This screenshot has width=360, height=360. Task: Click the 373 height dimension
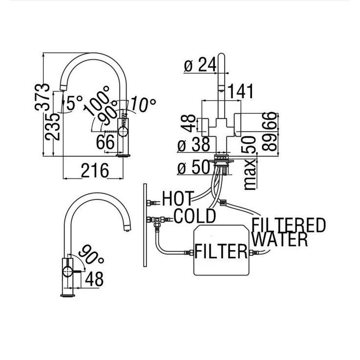tap(45, 97)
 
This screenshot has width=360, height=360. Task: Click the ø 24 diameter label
tap(200, 65)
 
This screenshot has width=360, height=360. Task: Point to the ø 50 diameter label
tap(194, 167)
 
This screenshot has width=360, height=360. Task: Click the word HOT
tap(179, 199)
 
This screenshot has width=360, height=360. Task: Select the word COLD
tap(194, 216)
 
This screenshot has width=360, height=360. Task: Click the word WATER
tap(280, 240)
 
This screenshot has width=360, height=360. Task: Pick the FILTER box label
tap(221, 252)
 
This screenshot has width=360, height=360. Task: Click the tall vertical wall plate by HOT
tap(145, 225)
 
